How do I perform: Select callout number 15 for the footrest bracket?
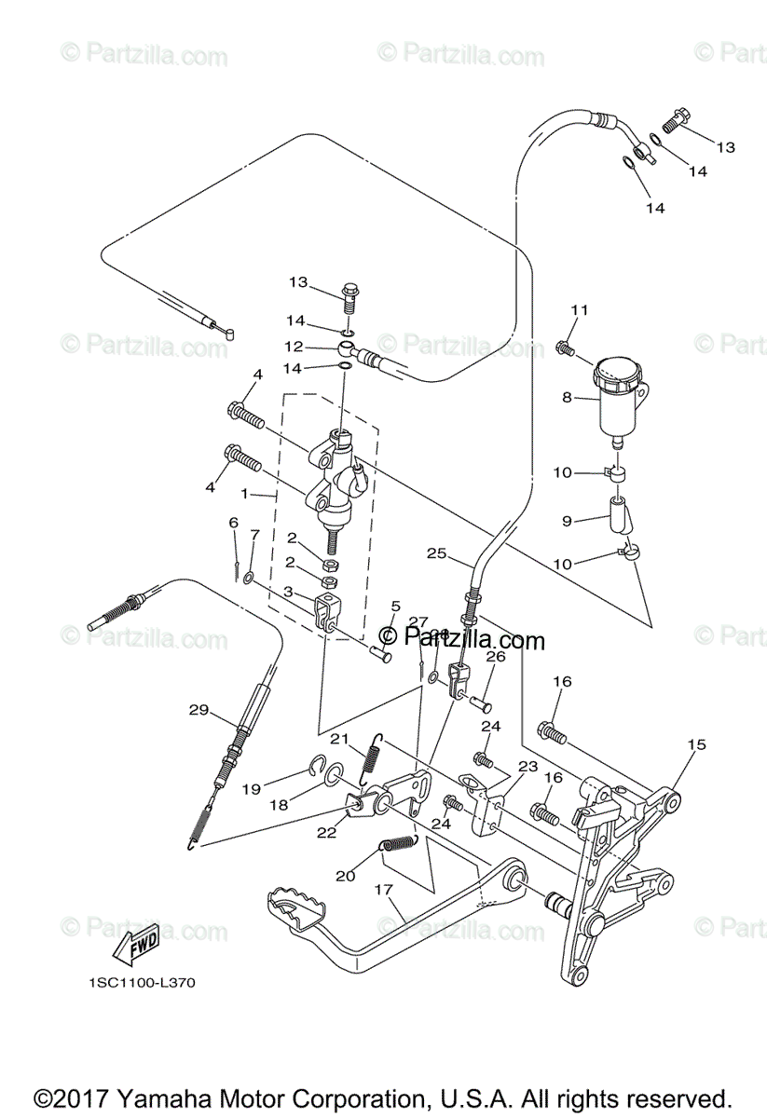tap(697, 744)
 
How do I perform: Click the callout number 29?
tap(198, 710)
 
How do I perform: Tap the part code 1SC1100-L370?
tap(143, 982)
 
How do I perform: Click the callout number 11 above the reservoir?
tap(580, 310)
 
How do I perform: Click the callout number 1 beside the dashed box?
tap(244, 491)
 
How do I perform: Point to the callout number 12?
tap(294, 347)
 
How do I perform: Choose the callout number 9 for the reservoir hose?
tap(567, 522)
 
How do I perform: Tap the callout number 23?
tap(528, 767)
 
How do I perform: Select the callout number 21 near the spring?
tap(338, 739)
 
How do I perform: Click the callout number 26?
tap(495, 656)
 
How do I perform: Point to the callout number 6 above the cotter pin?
tap(234, 524)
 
